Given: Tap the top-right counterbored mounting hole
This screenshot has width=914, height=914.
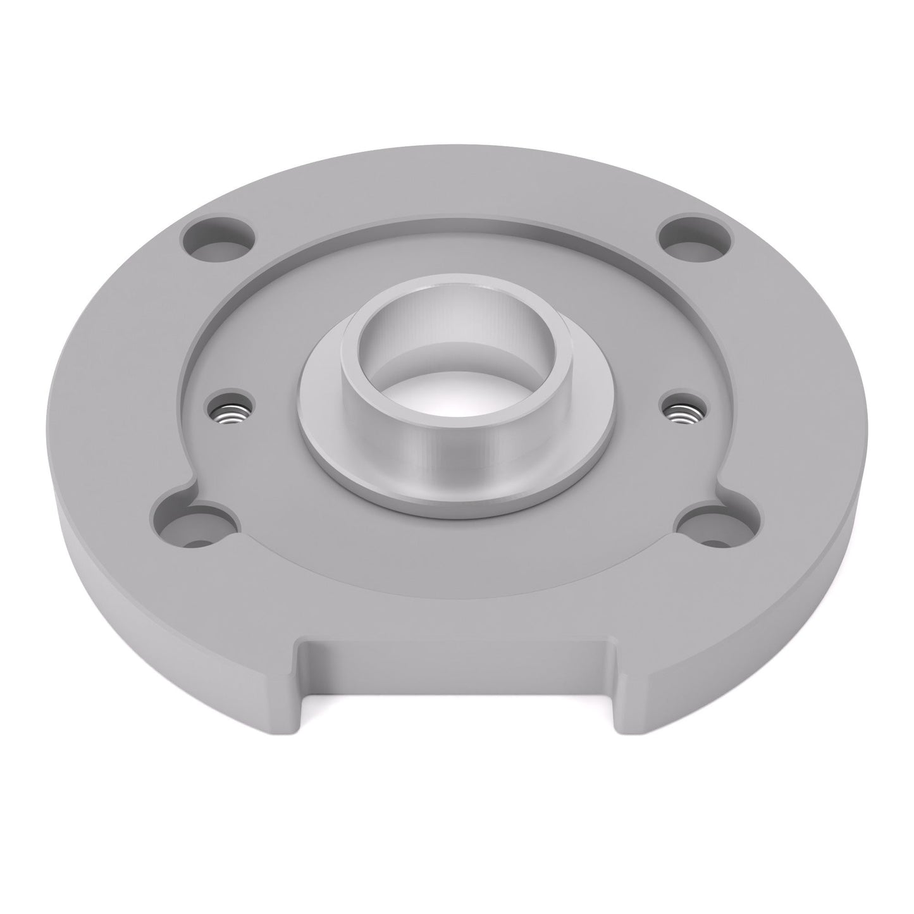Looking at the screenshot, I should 695,242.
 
